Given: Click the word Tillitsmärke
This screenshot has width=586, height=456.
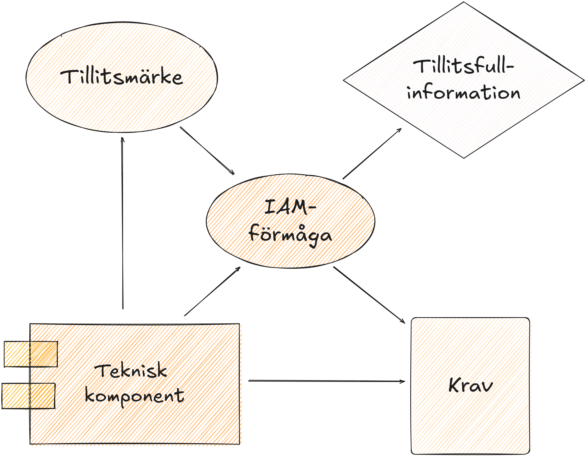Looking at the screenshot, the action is [x=122, y=77].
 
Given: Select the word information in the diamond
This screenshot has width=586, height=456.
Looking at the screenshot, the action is [x=464, y=92].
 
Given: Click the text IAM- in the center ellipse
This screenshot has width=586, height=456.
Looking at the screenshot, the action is [x=290, y=207].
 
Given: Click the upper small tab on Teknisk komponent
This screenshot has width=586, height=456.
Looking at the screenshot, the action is [x=31, y=354].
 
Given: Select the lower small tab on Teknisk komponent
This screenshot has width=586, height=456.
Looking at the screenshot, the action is [x=29, y=396].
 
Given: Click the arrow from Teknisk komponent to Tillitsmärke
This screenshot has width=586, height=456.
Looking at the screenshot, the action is [x=123, y=223].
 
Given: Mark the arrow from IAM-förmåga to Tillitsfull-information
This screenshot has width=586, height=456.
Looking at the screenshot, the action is [x=372, y=153].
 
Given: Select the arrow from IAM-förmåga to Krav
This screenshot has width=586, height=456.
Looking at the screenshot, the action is [x=369, y=295].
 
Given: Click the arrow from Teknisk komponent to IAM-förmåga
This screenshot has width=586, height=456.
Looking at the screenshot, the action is [x=212, y=291].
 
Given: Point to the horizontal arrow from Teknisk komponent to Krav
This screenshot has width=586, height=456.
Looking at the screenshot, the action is [x=326, y=381].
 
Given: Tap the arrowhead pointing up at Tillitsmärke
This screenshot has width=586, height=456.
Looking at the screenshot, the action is [x=122, y=139].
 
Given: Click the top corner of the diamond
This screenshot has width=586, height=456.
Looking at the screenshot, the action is [x=464, y=2].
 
